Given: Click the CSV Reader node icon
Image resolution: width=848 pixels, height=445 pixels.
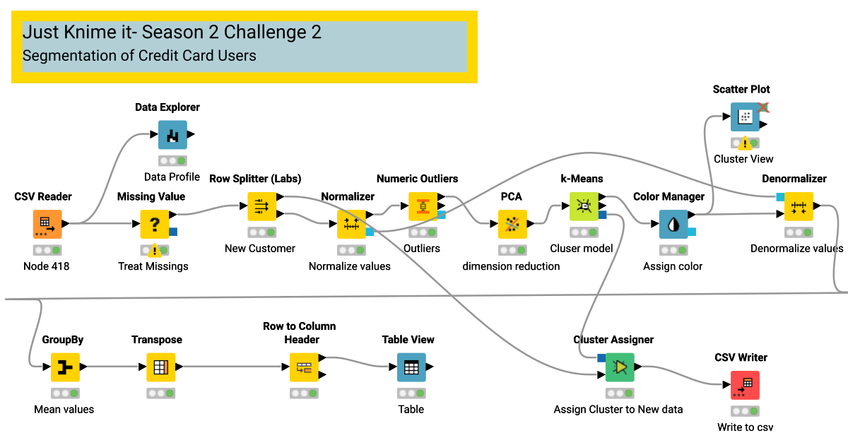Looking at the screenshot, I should pyautogui.click(x=47, y=225).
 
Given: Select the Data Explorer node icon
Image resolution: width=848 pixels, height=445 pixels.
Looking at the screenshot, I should pyautogui.click(x=172, y=135).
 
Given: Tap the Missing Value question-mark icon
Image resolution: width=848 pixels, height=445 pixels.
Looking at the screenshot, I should pyautogui.click(x=154, y=225).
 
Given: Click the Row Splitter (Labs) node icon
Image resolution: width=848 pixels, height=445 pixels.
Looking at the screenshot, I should pyautogui.click(x=261, y=206).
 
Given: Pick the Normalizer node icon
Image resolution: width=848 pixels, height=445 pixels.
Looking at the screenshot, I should pyautogui.click(x=351, y=225).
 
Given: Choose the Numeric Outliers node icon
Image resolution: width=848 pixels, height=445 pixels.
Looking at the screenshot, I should pyautogui.click(x=423, y=206).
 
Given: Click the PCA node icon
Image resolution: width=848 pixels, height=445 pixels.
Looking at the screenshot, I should pyautogui.click(x=512, y=225).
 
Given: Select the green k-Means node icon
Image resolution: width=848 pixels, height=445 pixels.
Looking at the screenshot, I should pyautogui.click(x=584, y=206).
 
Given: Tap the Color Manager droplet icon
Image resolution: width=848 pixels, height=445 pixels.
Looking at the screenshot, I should pyautogui.click(x=673, y=225).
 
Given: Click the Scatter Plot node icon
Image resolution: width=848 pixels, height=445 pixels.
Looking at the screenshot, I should pyautogui.click(x=744, y=117).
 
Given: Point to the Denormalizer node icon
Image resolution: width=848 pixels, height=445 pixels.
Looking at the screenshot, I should pyautogui.click(x=799, y=206).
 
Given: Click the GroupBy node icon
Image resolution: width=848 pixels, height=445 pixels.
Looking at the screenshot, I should pyautogui.click(x=65, y=367).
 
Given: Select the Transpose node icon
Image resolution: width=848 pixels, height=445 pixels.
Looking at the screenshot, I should pyautogui.click(x=160, y=367).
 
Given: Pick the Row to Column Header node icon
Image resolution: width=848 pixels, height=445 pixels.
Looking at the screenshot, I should pyautogui.click(x=304, y=367).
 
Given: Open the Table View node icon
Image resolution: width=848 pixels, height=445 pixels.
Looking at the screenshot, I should pyautogui.click(x=411, y=367).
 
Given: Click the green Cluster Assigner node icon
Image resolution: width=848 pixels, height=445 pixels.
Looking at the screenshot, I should pyautogui.click(x=620, y=367).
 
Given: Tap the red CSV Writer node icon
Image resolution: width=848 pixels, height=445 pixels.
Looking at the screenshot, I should pyautogui.click(x=744, y=385).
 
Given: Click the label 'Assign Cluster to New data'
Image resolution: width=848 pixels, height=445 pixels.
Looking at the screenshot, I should pyautogui.click(x=618, y=410).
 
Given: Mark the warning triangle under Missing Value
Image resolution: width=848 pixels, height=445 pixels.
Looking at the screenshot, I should pyautogui.click(x=154, y=250).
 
